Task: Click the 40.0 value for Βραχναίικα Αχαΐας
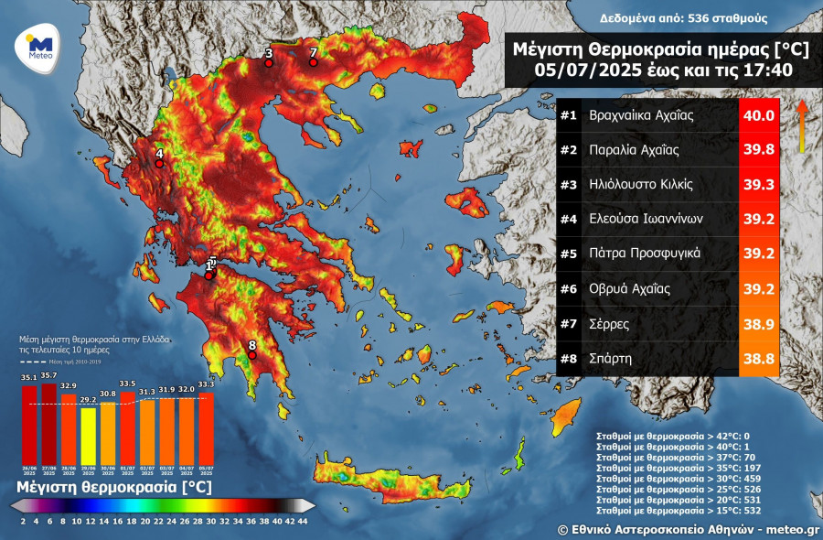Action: pos(758,115)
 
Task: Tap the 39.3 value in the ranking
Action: pos(758,185)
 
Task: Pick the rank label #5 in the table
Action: pos(568,254)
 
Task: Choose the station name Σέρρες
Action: pos(609,324)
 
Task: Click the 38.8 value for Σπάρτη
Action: pos(758,359)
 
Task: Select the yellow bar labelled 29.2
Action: pos(89,436)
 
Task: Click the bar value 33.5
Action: pos(128,384)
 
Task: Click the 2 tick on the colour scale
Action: pos(21,521)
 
